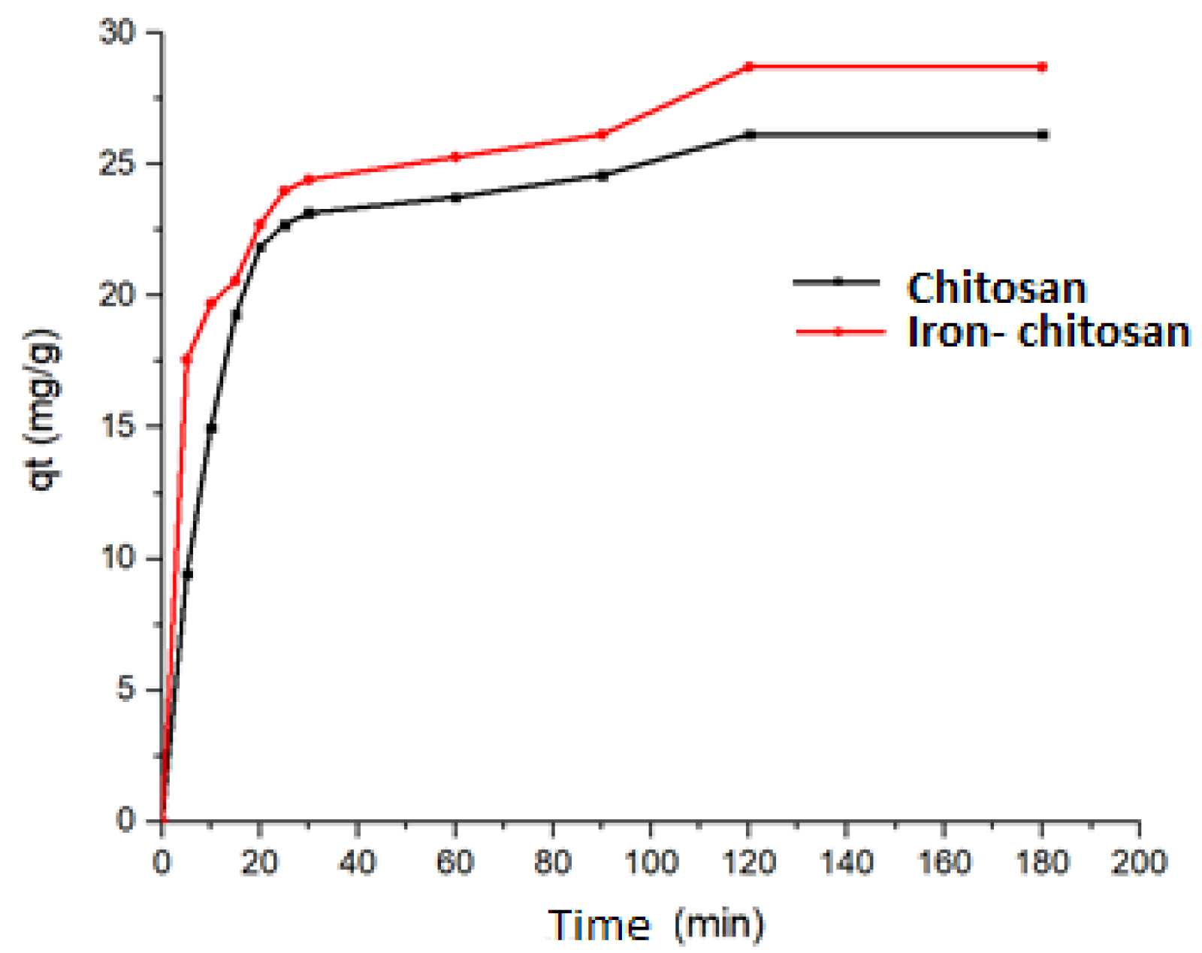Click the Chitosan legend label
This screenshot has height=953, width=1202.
(996, 288)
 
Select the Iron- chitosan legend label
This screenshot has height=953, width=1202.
(1049, 331)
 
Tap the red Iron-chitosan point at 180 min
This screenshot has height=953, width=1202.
(1042, 67)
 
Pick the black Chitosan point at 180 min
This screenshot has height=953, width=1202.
(1042, 135)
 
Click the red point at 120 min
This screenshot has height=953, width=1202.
(749, 67)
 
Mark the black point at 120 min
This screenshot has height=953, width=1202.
(749, 135)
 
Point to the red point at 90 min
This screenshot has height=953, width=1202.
(602, 135)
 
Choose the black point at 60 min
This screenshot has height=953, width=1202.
(455, 198)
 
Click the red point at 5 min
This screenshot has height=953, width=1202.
(187, 359)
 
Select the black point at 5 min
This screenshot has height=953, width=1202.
(188, 575)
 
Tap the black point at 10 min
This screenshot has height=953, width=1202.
(212, 428)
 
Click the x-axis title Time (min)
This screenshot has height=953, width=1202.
(655, 924)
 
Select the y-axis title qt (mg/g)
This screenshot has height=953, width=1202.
(44, 410)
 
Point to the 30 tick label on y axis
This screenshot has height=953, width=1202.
(118, 33)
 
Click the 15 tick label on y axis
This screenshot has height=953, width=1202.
(118, 426)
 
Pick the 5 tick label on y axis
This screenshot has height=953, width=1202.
(126, 689)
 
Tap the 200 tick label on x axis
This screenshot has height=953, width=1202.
(1139, 862)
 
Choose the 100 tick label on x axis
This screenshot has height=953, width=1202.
(651, 862)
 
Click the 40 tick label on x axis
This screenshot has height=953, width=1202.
(357, 862)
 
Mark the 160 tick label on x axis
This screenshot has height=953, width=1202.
(944, 862)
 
